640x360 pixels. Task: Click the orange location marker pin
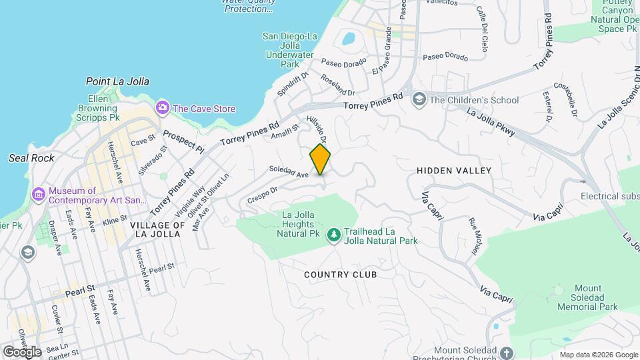(x=320, y=160)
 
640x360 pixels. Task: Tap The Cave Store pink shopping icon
(x=162, y=107)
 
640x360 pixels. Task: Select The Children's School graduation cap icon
(x=419, y=100)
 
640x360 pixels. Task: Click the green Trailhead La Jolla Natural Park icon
(x=333, y=235)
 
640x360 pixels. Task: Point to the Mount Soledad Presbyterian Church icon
(x=506, y=352)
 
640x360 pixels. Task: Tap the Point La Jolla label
(x=117, y=81)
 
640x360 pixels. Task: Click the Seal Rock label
(x=31, y=158)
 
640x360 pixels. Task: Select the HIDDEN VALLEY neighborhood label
(x=454, y=171)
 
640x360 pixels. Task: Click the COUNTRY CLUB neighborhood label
(x=341, y=275)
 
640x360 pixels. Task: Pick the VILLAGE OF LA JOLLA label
(x=158, y=229)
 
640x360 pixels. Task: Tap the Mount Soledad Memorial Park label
(x=587, y=298)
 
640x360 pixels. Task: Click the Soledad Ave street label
(x=289, y=172)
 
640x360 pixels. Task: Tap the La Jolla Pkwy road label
(x=490, y=123)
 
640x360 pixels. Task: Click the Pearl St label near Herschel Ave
(x=161, y=267)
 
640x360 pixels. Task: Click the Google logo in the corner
(x=22, y=351)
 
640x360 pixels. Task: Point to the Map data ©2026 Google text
(x=599, y=355)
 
